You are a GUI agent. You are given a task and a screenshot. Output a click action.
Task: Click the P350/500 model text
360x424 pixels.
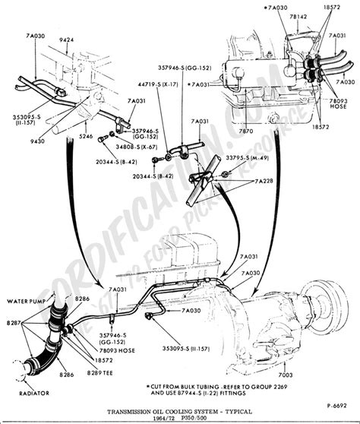(189, 415)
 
